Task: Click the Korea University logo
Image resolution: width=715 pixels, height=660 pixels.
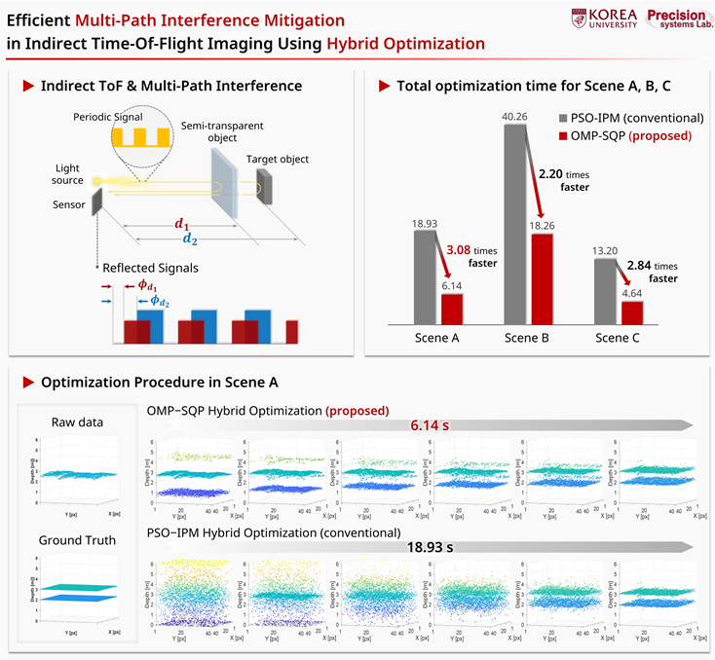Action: [605, 19]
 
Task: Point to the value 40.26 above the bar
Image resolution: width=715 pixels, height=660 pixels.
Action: [516, 118]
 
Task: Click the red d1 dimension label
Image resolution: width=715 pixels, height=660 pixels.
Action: [181, 223]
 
